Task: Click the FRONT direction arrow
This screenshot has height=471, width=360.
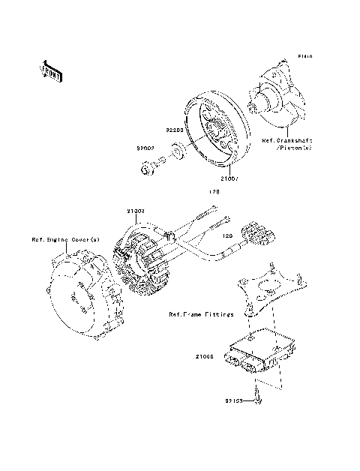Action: [52, 70]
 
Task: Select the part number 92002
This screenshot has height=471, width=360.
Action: [145, 149]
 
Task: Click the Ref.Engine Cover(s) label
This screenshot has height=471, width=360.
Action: [66, 240]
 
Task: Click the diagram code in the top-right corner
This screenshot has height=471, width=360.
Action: [304, 56]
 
